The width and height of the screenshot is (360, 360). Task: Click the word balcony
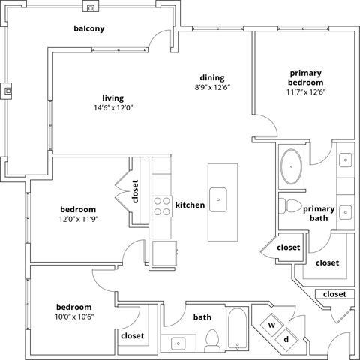(x=88, y=29)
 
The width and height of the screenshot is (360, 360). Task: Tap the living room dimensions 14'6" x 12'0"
(x=112, y=108)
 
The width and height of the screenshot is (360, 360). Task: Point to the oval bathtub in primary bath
(x=291, y=166)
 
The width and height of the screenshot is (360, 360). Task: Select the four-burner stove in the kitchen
(x=162, y=205)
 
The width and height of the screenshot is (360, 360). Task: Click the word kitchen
(x=190, y=205)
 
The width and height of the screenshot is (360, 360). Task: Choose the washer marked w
(x=272, y=325)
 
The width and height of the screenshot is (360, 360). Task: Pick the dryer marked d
(x=286, y=339)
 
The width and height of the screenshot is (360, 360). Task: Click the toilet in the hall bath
(x=212, y=339)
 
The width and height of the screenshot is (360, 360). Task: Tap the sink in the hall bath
(x=179, y=343)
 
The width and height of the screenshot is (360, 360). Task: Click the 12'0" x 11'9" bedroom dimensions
(x=78, y=219)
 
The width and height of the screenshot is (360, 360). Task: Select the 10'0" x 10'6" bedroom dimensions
(x=73, y=316)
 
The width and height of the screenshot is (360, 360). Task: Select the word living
(x=112, y=98)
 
